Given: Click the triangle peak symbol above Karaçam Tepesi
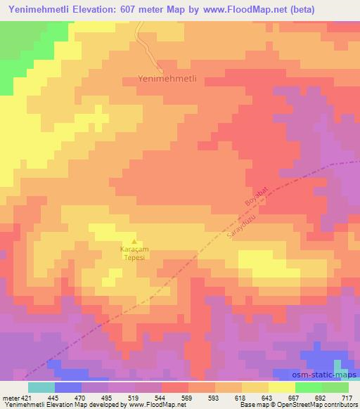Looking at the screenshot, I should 134,242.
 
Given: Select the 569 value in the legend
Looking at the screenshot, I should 186,396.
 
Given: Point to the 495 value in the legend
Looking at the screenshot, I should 105,396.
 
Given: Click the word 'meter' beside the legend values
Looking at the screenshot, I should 9,396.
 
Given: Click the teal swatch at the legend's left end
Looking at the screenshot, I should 41,387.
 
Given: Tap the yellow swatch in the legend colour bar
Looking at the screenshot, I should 282,387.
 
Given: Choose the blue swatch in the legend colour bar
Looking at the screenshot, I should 68,387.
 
